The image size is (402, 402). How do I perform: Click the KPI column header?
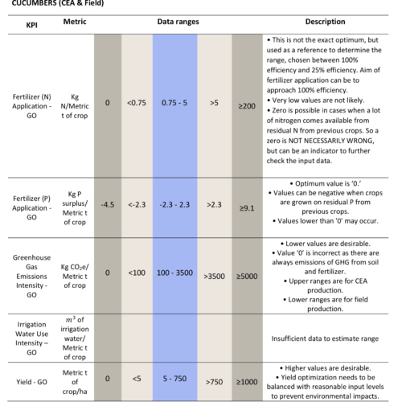tap(31, 25)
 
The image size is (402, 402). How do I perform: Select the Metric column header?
tap(75, 22)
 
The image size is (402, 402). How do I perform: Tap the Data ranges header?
tap(178, 22)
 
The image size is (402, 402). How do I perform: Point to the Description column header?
tap(325, 22)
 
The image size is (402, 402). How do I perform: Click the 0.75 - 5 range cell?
tap(174, 103)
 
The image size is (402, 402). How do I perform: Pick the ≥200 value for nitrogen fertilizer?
tap(247, 106)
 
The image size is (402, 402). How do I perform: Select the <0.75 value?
tap(137, 103)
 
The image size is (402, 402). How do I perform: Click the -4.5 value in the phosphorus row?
tap(108, 205)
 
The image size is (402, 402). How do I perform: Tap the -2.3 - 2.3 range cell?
tap(174, 205)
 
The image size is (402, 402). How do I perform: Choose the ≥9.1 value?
tap(247, 208)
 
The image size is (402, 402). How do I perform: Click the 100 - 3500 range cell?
tap(174, 273)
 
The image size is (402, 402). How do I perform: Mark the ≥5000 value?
tap(247, 277)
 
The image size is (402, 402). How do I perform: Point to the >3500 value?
tap(214, 277)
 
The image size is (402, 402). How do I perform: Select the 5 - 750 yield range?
tap(174, 379)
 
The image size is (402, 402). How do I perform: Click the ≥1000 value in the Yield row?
tap(247, 382)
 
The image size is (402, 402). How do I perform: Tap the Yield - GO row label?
tap(31, 382)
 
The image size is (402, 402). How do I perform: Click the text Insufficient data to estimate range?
tap(325, 338)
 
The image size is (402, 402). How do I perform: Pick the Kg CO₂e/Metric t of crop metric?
tap(75, 277)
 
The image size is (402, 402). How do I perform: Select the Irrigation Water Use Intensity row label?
tap(31, 338)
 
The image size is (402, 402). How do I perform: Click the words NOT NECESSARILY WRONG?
tap(331, 141)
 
